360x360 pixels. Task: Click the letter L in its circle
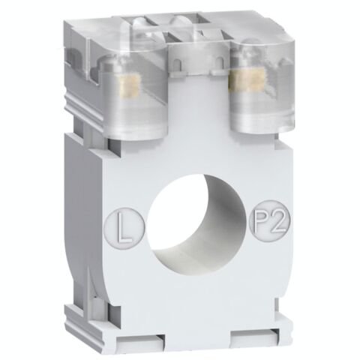pos(130,223)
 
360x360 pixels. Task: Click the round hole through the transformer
pos(193,217)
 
